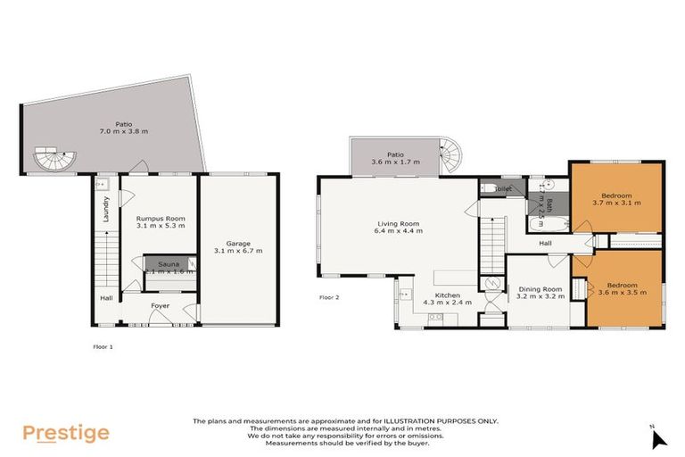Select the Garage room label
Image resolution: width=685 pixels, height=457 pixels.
[x=237, y=243]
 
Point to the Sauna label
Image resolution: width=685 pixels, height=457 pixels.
[x=168, y=264]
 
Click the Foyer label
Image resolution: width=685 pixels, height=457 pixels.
[x=160, y=305]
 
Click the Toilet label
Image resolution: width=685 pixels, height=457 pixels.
[x=502, y=189]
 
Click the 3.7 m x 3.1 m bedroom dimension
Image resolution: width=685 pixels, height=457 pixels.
[x=616, y=203]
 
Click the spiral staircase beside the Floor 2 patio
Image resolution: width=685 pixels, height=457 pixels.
[x=453, y=158]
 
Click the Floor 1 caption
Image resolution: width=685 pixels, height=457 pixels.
[x=103, y=345]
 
